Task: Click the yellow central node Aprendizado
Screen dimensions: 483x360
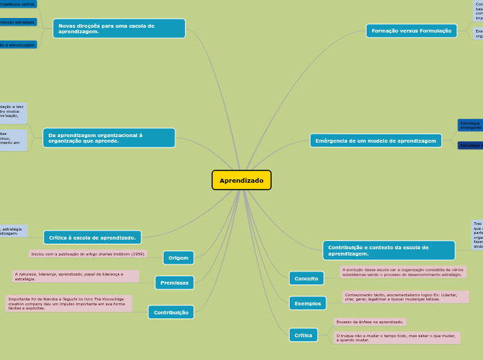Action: (241, 180)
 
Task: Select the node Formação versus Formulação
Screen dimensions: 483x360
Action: (411, 31)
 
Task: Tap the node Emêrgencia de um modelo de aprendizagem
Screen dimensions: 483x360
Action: (376, 141)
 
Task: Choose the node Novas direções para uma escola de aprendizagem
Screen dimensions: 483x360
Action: (118, 28)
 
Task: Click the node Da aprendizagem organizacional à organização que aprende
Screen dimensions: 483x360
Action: (109, 138)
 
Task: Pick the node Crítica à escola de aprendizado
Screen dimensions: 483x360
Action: (92, 237)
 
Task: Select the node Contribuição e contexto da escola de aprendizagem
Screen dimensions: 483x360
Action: (389, 251)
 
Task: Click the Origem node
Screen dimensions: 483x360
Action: (178, 258)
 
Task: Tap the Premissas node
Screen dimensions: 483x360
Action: (174, 282)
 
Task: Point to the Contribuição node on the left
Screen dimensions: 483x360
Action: (170, 312)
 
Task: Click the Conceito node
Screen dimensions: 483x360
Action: (306, 278)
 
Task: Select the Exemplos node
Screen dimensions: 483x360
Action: (307, 303)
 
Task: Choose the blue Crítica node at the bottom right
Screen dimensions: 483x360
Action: (304, 335)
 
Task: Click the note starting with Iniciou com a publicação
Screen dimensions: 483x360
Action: (88, 254)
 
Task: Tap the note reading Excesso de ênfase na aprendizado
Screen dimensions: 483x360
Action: (369, 322)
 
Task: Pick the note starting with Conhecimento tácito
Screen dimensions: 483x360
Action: (405, 297)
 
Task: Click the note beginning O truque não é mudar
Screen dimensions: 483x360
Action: (405, 337)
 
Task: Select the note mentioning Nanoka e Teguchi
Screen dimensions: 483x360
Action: (69, 303)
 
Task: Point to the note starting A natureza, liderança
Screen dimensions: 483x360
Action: (76, 276)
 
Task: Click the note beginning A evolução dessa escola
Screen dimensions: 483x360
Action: (403, 271)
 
